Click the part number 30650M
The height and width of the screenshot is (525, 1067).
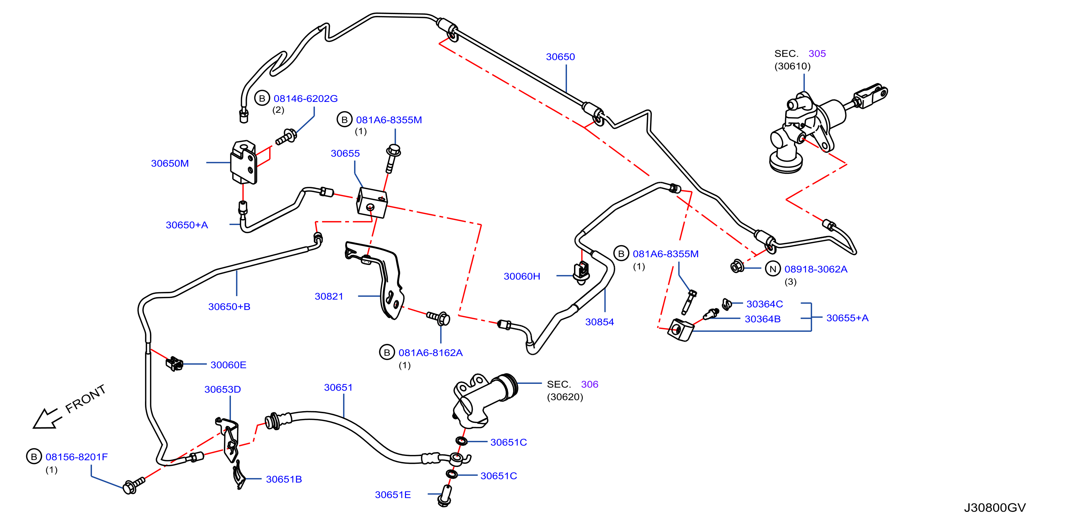(x=170, y=163)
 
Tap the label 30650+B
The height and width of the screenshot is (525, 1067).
(x=229, y=307)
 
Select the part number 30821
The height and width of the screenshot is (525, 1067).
(x=329, y=296)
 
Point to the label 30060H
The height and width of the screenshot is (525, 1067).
(x=522, y=276)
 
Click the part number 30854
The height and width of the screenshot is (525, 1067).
(x=599, y=322)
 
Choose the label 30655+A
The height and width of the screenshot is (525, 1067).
(x=847, y=318)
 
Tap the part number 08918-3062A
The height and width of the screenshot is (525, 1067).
(x=816, y=269)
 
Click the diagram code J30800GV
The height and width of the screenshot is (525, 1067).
(x=994, y=508)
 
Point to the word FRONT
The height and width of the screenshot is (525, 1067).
(x=86, y=399)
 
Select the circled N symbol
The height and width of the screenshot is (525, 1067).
(x=772, y=269)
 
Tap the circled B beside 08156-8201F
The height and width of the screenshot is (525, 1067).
(x=34, y=457)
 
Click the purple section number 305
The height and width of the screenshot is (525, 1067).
(x=817, y=53)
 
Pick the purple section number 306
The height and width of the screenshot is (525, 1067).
(x=590, y=384)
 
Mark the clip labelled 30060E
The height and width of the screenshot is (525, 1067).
(x=174, y=363)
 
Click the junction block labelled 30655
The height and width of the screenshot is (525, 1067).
(x=372, y=203)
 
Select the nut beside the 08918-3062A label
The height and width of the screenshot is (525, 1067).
(x=736, y=266)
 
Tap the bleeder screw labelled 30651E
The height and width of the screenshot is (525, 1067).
(x=445, y=496)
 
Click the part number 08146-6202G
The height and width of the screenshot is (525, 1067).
(x=306, y=99)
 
